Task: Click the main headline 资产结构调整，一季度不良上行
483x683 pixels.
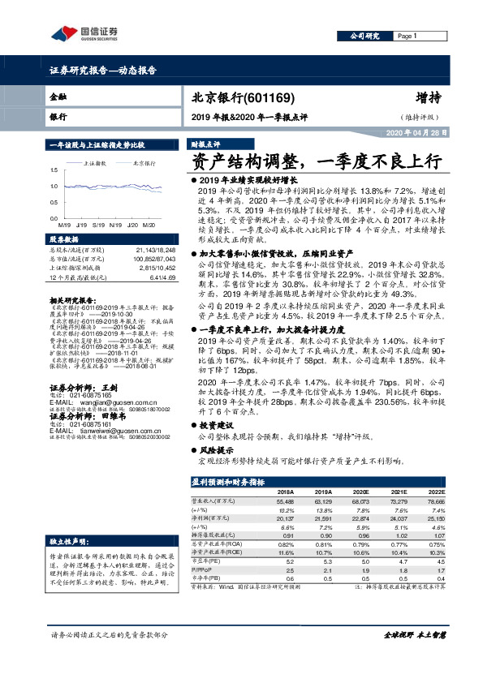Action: pos(315,161)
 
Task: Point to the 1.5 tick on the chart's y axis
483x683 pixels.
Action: pos(54,170)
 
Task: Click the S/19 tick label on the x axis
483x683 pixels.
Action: pos(98,224)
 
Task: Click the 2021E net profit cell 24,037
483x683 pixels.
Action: pos(395,518)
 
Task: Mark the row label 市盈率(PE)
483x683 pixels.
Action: pos(205,559)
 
